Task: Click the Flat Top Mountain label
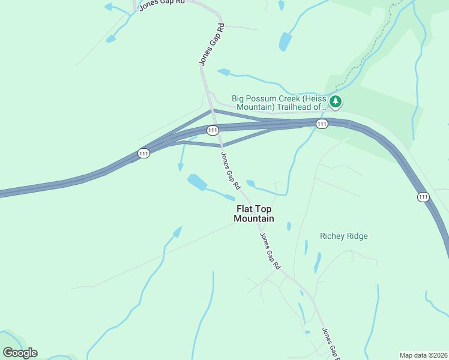(254, 214)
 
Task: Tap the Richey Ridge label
(343, 236)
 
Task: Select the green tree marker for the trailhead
(336, 103)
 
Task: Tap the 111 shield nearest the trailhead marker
(322, 124)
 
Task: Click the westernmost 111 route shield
(143, 154)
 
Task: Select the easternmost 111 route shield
(423, 197)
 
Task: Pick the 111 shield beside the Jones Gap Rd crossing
(212, 130)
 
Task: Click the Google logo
(20, 352)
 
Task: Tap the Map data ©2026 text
(423, 355)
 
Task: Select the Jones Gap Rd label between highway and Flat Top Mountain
(231, 169)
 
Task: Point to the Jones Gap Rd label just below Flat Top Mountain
(270, 250)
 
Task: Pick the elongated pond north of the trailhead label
(285, 42)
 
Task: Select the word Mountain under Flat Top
(254, 219)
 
